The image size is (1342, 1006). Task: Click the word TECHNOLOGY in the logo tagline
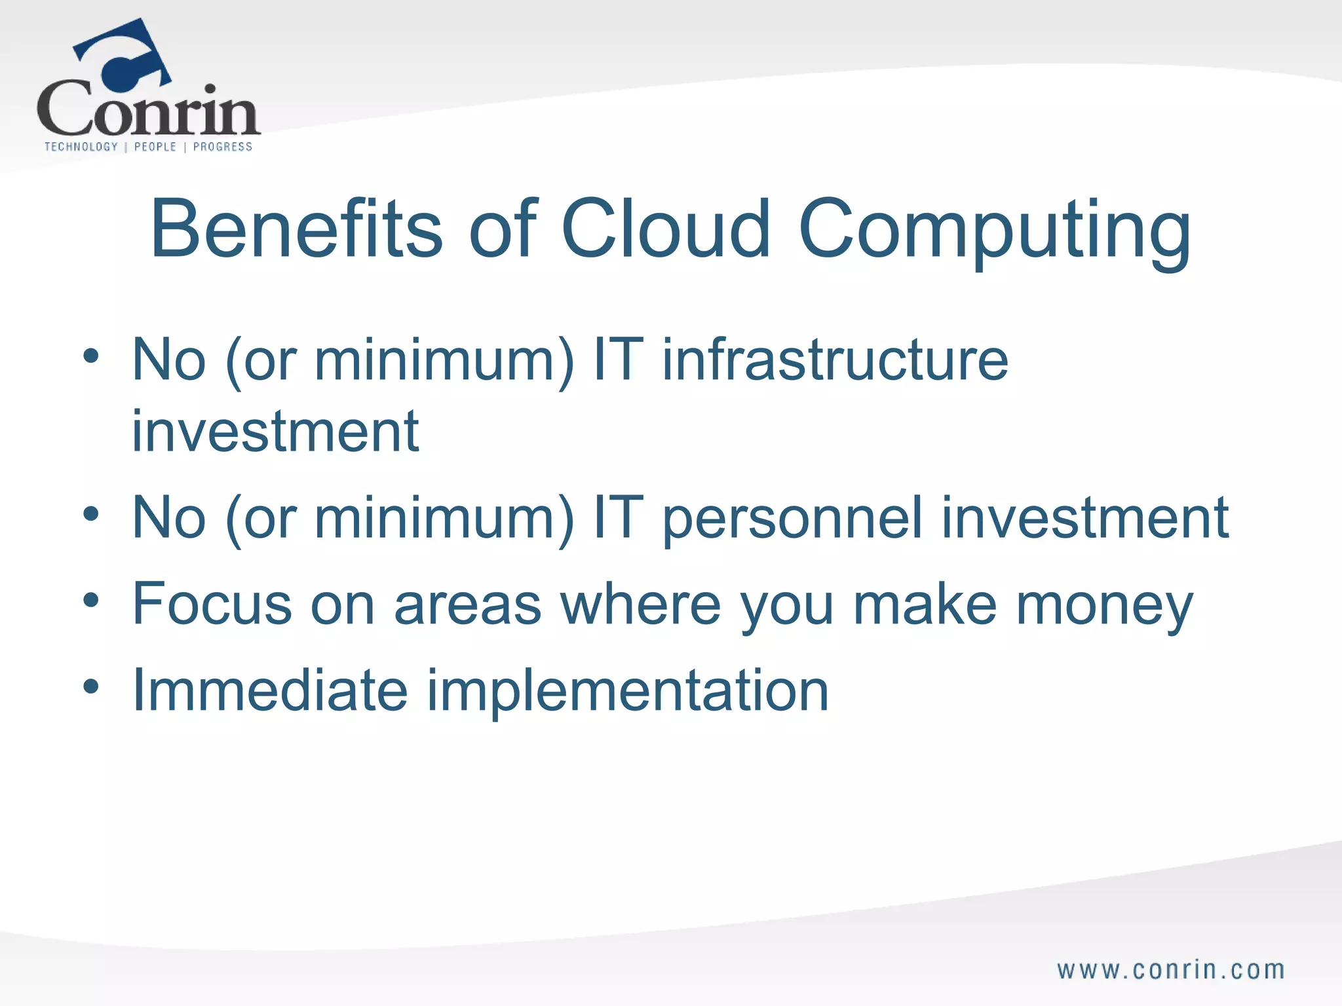(x=81, y=147)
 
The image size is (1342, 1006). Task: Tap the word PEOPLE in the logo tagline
(x=155, y=147)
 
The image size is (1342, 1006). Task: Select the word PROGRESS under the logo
(x=223, y=147)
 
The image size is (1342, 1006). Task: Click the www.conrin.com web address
(x=1170, y=970)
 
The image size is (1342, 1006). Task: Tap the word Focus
(x=212, y=603)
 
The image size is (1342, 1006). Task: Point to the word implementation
(x=628, y=693)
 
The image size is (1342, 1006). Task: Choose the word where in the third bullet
(x=640, y=603)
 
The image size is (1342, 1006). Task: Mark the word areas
(x=467, y=605)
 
